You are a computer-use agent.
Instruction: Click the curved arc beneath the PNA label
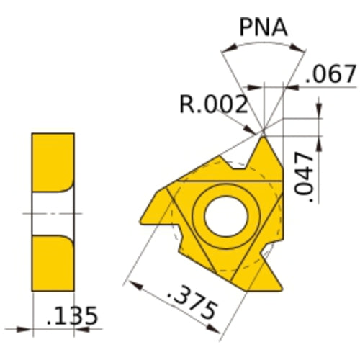[x=263, y=45]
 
